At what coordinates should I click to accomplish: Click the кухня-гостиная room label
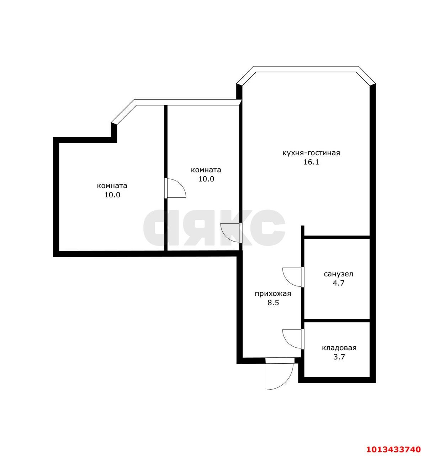311,153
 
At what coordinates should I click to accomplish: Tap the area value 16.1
311,162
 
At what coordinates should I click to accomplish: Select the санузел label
338,274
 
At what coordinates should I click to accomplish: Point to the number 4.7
338,283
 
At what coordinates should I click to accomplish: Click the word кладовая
339,348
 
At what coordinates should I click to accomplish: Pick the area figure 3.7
339,357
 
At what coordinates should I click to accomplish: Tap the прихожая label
273,294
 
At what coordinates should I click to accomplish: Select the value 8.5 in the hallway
273,303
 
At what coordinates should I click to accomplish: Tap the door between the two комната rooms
175,188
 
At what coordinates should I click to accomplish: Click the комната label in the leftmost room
112,186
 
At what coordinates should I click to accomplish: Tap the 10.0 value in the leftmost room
112,195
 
